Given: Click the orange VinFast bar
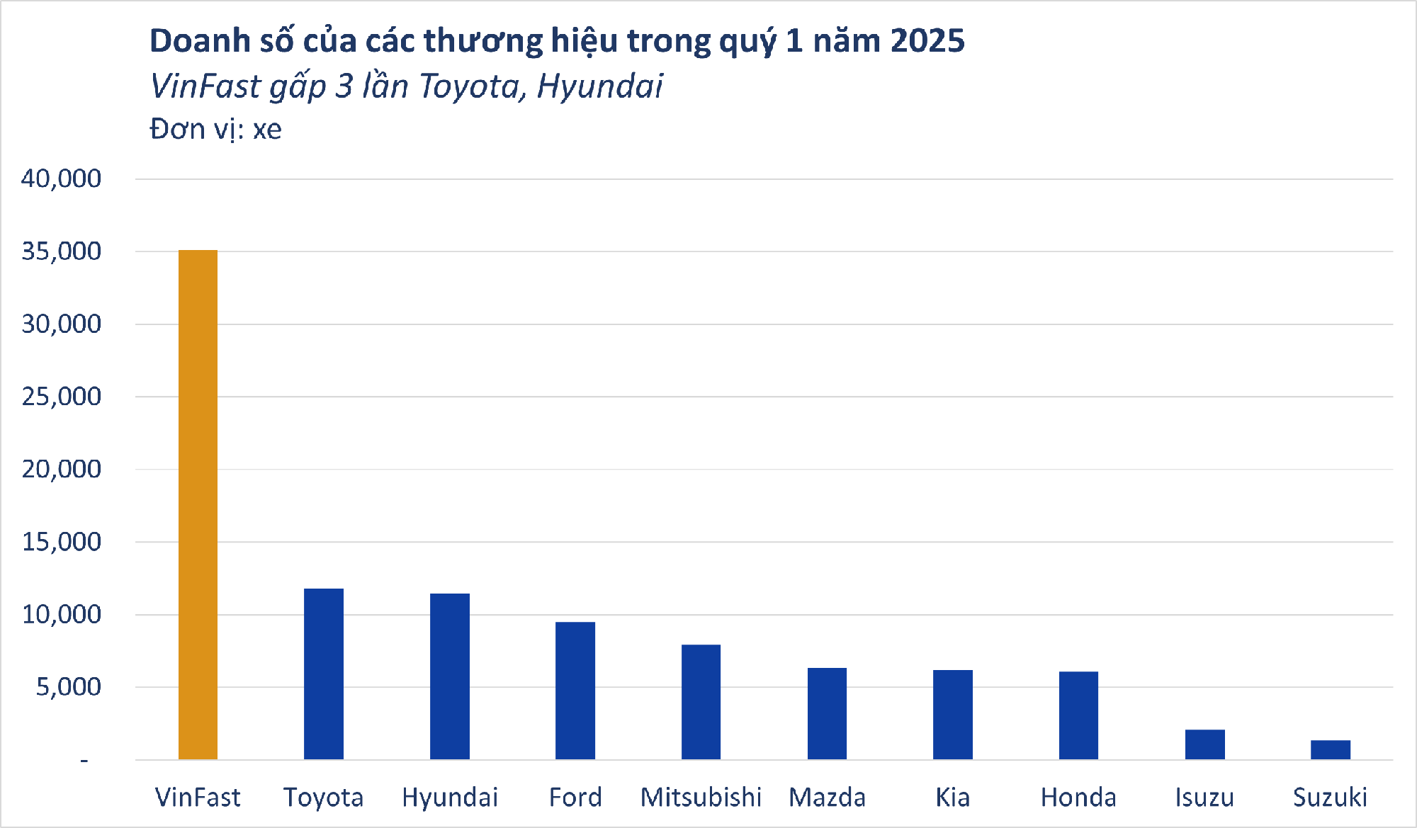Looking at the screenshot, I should click(198, 504).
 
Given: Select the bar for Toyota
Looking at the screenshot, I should click(324, 674).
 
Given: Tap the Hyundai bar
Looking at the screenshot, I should click(450, 676).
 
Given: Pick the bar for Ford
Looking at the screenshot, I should click(575, 691).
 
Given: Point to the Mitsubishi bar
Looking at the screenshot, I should click(701, 702).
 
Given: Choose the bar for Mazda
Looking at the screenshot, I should click(827, 713).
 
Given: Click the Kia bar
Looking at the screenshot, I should click(953, 715).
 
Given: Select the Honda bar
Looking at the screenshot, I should click(1078, 715).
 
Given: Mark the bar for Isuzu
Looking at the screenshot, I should click(1204, 744).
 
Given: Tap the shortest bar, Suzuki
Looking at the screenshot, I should click(1331, 749).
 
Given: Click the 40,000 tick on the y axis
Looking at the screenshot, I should click(61, 178).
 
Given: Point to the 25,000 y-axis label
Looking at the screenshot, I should click(61, 397).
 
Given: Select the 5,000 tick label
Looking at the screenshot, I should click(68, 687).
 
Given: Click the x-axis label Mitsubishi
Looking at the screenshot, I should click(701, 798).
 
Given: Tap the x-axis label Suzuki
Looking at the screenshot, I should click(1330, 798).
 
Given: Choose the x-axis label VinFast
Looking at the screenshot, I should click(198, 798).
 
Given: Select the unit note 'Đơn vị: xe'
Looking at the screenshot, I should click(215, 130).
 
